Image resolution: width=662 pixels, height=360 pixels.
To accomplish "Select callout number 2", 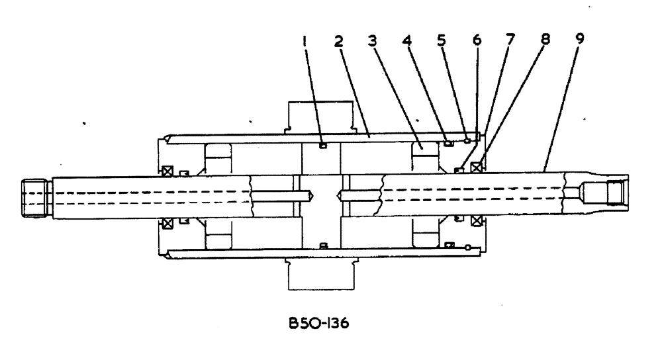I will (x=338, y=40).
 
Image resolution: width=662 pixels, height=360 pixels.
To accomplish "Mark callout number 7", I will (x=510, y=40).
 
